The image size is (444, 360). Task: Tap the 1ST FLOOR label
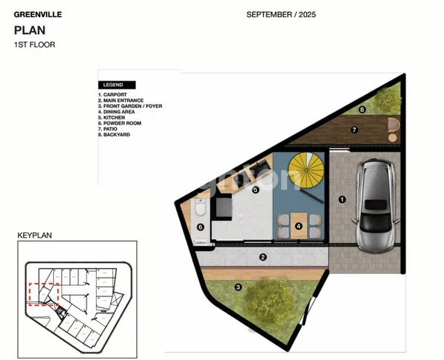tap(35, 44)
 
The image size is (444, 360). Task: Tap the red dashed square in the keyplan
tap(43, 294)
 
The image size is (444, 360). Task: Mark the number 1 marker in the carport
tap(342, 199)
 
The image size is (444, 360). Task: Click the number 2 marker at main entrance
tap(262, 257)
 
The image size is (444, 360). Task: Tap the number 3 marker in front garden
tap(238, 287)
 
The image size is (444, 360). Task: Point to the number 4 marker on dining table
tap(298, 226)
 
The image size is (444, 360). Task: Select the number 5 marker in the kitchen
tap(255, 190)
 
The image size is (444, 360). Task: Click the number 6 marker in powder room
tap(200, 228)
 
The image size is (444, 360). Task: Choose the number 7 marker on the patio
tap(354, 130)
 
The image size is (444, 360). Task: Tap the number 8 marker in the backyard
tap(362, 110)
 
